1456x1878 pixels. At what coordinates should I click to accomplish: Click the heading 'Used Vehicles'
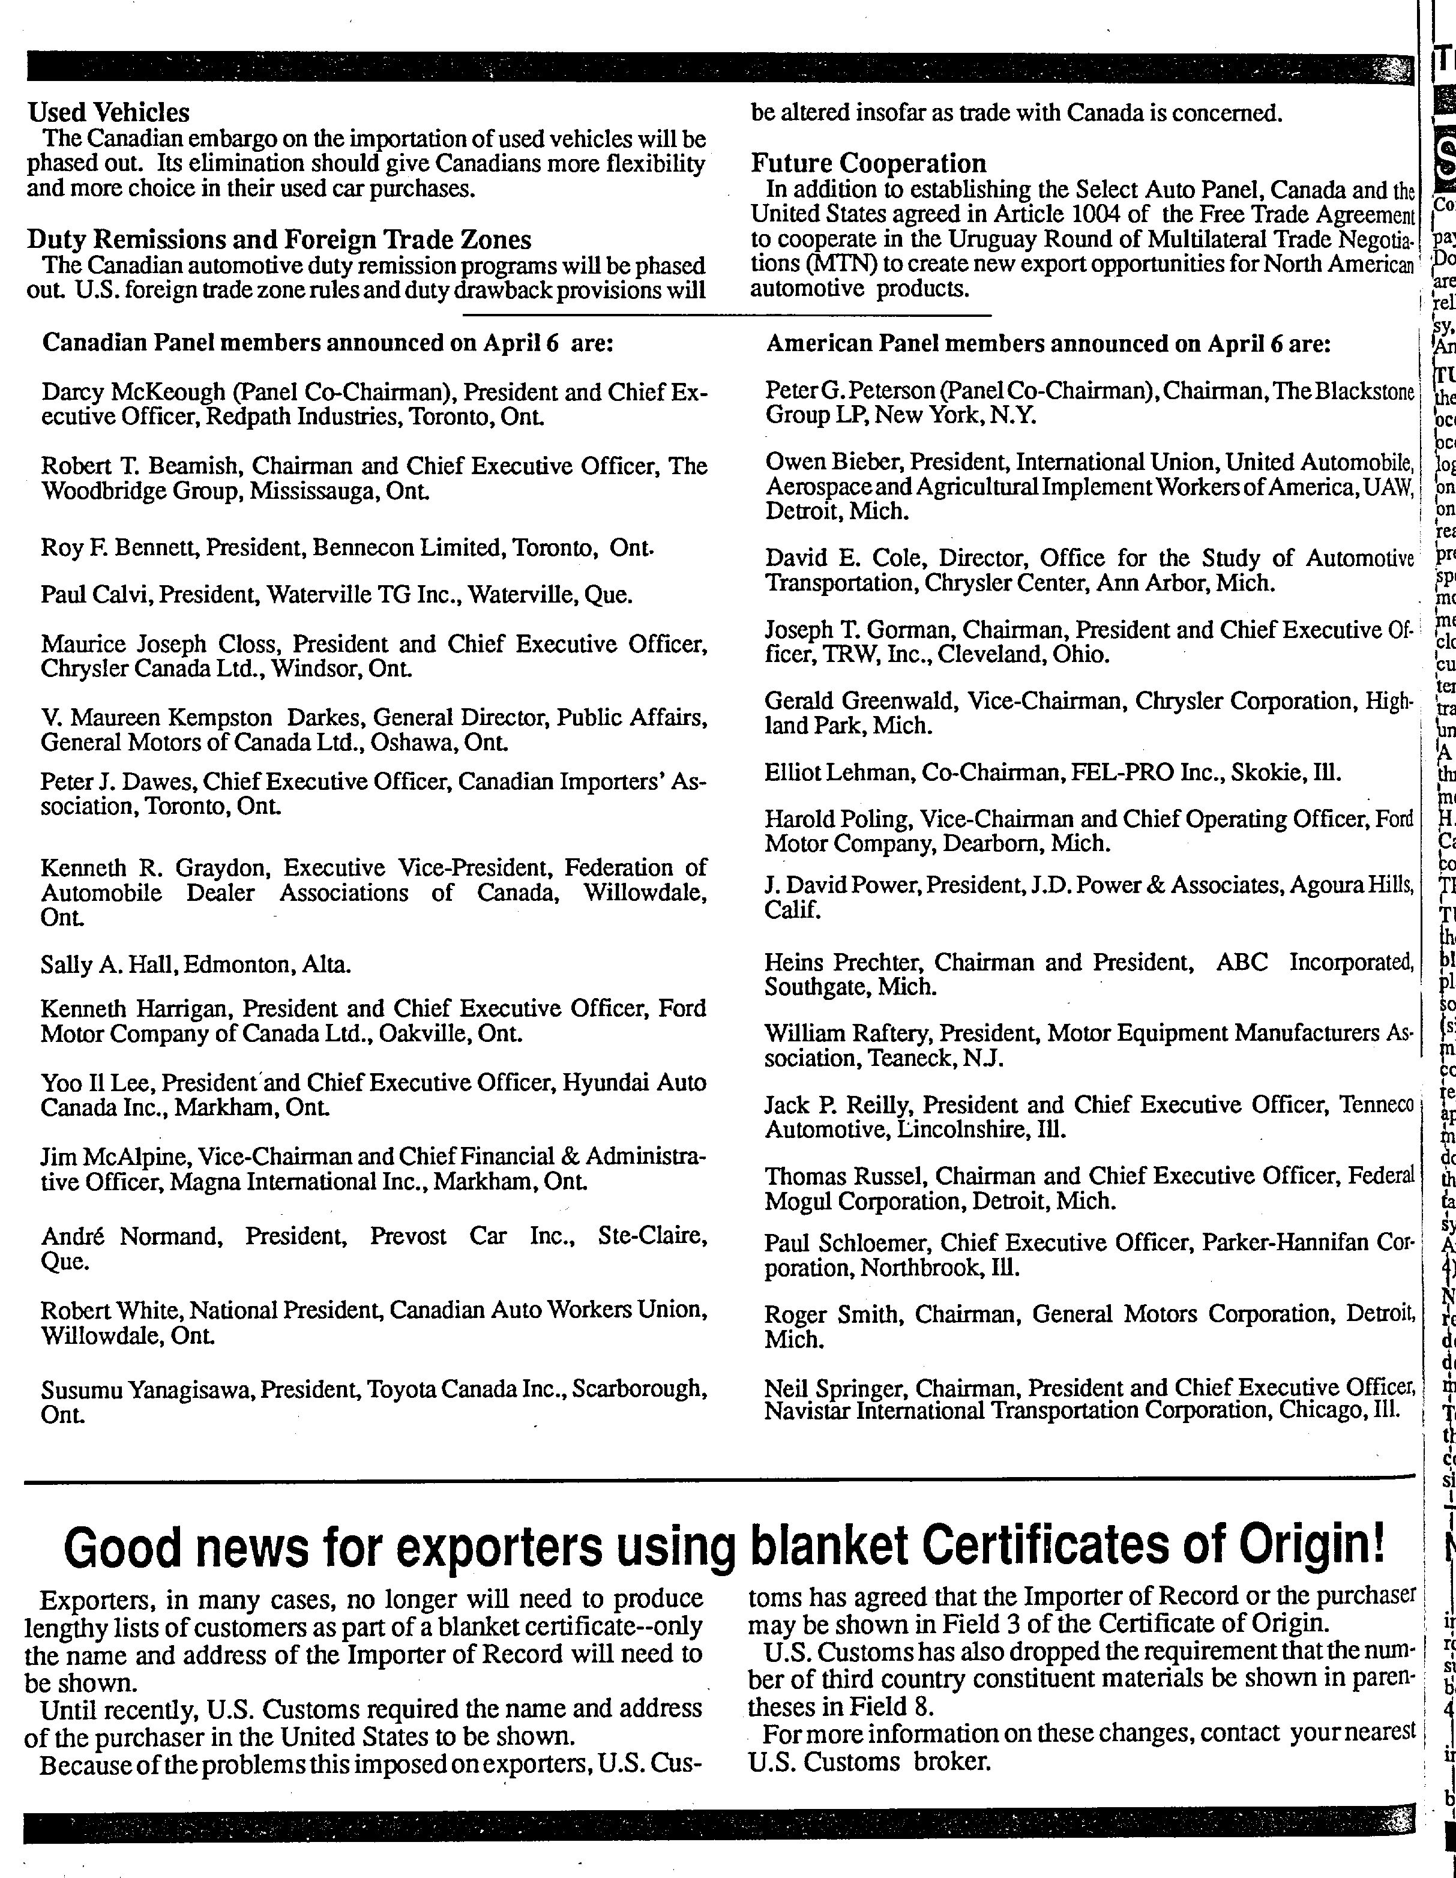pos(109,113)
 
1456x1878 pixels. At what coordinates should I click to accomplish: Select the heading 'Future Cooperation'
pos(868,163)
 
